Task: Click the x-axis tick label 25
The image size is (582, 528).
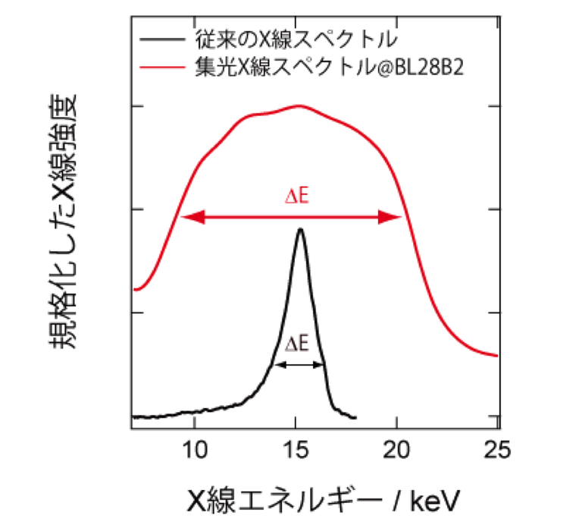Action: pos(497,449)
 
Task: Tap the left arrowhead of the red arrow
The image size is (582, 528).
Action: pos(186,218)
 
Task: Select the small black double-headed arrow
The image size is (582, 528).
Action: pos(299,365)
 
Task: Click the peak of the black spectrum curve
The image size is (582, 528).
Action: pos(301,229)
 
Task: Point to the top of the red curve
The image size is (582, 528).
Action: pos(299,106)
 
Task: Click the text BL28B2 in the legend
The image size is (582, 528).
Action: pos(436,68)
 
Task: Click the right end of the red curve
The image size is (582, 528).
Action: pos(496,355)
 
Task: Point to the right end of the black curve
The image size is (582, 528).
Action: pos(355,417)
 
